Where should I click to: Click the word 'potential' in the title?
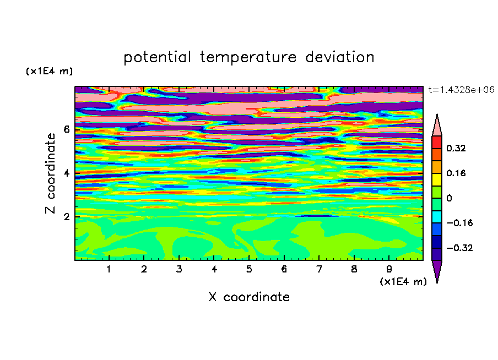coord(157,58)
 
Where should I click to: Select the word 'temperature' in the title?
coord(248,58)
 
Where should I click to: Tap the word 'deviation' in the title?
coord(340,57)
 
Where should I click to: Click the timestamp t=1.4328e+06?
coord(461,90)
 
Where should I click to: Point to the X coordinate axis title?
coord(249,297)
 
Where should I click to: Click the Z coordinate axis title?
coord(50,173)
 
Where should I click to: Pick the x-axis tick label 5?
coord(249,269)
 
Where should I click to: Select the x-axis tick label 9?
coord(389,269)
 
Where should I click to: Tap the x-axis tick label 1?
coord(109,269)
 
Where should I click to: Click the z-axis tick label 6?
coord(66,129)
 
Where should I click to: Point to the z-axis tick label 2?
coord(66,217)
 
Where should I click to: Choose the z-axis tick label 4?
coord(66,173)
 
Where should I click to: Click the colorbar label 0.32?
coord(456,148)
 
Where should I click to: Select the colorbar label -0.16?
coord(459,223)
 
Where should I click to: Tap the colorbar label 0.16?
coord(456,173)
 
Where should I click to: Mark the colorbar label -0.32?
coord(459,248)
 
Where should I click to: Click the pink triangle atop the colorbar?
coord(437,127)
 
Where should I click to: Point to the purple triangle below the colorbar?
coord(437,269)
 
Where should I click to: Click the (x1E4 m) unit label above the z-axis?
coord(49,71)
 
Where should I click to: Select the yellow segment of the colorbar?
coord(437,179)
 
